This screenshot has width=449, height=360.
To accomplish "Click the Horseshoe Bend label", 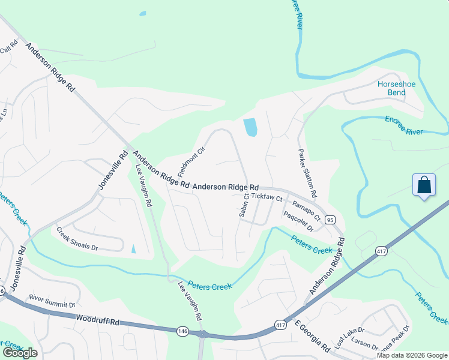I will click(x=396, y=89).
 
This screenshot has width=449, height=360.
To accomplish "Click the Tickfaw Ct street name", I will click(x=267, y=196).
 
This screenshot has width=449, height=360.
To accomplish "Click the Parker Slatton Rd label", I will click(x=307, y=175).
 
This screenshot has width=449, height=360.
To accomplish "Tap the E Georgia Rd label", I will click(x=312, y=337).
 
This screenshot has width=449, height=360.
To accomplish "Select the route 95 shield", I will click(x=330, y=220).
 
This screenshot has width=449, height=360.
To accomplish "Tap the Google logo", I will click(x=20, y=353).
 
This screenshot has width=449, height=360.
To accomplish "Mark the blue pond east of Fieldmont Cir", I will click(x=250, y=127).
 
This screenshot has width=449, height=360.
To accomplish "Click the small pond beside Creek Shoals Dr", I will click(x=133, y=248).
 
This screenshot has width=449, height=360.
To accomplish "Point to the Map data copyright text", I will click(x=411, y=355).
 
